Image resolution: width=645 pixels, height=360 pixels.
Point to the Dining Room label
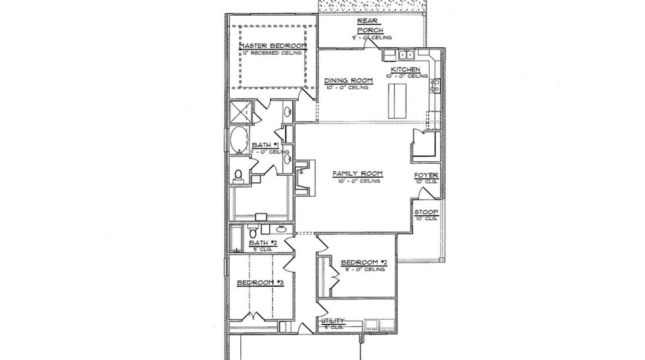point(349,81)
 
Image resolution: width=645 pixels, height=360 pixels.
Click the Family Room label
point(357,174)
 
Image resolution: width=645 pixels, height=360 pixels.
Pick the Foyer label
point(426,175)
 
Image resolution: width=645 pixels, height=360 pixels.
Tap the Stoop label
point(426,212)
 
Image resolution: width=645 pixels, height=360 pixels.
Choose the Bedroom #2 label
point(363,262)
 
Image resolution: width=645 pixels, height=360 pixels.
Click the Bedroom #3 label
point(260,282)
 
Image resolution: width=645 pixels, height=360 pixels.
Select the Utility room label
point(333,321)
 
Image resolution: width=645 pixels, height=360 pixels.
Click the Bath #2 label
point(262,243)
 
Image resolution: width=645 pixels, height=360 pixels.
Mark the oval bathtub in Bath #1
point(239,141)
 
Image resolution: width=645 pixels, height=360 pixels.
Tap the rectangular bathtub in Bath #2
point(236,238)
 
